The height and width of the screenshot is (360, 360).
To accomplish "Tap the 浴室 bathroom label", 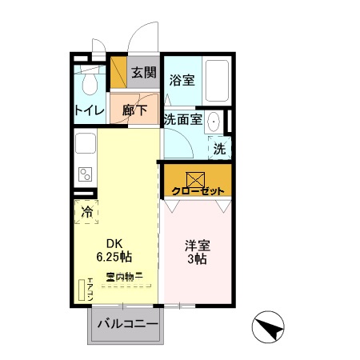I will [182, 80].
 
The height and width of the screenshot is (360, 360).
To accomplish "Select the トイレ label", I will [89, 111].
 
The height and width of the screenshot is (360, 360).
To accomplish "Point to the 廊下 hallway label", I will [134, 111].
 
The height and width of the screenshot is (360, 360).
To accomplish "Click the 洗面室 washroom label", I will [182, 118].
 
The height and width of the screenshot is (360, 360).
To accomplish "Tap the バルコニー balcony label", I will [124, 325].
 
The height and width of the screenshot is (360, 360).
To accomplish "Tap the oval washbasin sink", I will [214, 123].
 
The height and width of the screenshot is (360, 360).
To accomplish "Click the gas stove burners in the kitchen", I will [85, 175].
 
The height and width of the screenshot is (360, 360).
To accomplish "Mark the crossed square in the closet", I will [197, 178].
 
